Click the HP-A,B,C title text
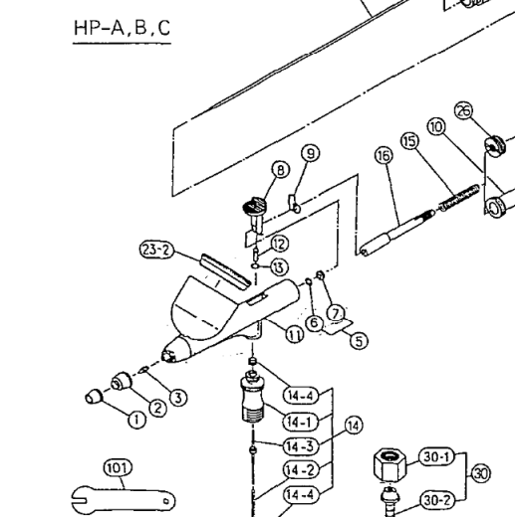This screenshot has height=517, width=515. click(x=123, y=28)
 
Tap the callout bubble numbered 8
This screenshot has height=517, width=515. click(x=281, y=170)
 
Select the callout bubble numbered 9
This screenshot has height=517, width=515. click(x=311, y=153)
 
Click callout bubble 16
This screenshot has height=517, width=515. click(x=384, y=155)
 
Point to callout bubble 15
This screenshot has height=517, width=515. click(x=410, y=141)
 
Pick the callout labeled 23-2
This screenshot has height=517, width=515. click(x=156, y=250)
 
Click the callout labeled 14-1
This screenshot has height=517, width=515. click(x=301, y=422)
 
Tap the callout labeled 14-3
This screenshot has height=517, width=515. click(x=301, y=446)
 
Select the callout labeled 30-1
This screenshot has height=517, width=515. click(x=436, y=457)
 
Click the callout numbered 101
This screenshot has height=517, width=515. click(x=118, y=468)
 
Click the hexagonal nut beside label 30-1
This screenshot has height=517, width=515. click(x=389, y=464)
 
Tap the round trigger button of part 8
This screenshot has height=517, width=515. click(x=255, y=207)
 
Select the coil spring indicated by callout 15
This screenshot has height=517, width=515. click(x=459, y=198)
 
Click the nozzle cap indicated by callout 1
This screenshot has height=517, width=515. click(x=94, y=396)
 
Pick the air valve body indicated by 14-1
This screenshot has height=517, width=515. click(x=253, y=397)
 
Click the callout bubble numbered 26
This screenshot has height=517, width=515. click(x=464, y=110)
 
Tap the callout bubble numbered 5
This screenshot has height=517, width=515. click(x=359, y=341)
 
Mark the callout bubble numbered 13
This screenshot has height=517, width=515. click(x=280, y=267)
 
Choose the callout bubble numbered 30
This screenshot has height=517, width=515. click(x=481, y=473)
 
